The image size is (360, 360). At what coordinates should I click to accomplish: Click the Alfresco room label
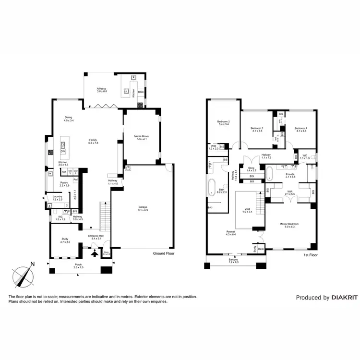click(101, 90)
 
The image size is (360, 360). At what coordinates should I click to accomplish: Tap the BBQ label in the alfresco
click(141, 92)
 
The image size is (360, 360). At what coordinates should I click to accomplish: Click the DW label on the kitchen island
click(63, 152)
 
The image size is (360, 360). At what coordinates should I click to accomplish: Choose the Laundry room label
click(57, 198)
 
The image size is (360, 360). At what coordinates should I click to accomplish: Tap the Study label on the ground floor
click(65, 240)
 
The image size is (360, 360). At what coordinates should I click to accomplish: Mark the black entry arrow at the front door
click(94, 253)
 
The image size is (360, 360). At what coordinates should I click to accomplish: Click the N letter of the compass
click(32, 264)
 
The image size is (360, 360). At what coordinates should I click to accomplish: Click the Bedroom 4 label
click(300, 129)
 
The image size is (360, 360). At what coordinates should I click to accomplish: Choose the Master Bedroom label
click(290, 225)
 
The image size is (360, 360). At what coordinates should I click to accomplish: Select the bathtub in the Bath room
click(212, 188)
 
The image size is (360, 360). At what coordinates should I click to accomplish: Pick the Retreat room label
click(231, 233)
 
